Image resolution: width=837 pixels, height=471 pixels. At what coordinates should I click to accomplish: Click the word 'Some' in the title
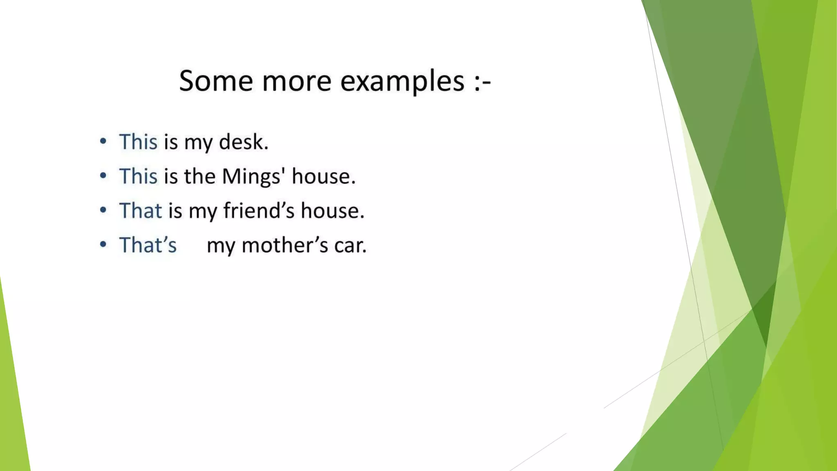(x=216, y=81)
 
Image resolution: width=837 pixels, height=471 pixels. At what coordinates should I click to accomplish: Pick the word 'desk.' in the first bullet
(x=244, y=142)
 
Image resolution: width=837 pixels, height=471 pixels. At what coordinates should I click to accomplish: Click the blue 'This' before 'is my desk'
(x=138, y=142)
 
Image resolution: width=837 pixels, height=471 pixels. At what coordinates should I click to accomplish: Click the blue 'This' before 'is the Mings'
(x=138, y=177)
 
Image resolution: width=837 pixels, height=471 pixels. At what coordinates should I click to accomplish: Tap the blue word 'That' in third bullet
(x=141, y=211)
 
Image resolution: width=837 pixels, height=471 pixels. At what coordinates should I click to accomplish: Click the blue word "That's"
(x=148, y=245)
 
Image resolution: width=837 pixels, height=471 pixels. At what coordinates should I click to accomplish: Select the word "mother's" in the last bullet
(x=285, y=246)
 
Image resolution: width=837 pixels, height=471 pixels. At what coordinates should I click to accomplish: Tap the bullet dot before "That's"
(x=103, y=244)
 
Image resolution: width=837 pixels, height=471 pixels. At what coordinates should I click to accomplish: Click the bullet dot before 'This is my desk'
(x=103, y=141)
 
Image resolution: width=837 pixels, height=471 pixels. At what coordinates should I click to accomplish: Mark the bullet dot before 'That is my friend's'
(x=103, y=210)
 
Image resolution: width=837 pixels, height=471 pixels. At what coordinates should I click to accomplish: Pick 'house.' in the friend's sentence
(x=332, y=211)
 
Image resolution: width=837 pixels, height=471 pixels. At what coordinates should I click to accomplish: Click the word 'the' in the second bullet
(x=199, y=177)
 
